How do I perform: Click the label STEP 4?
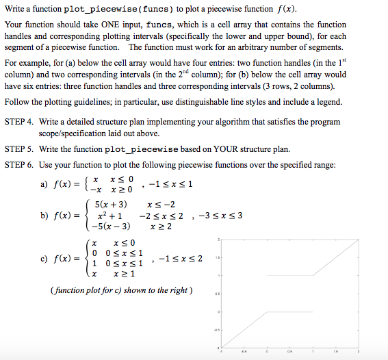19,121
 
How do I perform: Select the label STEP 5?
19,149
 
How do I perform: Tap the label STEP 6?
19,165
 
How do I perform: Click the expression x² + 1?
109,216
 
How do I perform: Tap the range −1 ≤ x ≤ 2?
179,259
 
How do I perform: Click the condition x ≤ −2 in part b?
161,204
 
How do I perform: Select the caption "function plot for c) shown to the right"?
122,290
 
